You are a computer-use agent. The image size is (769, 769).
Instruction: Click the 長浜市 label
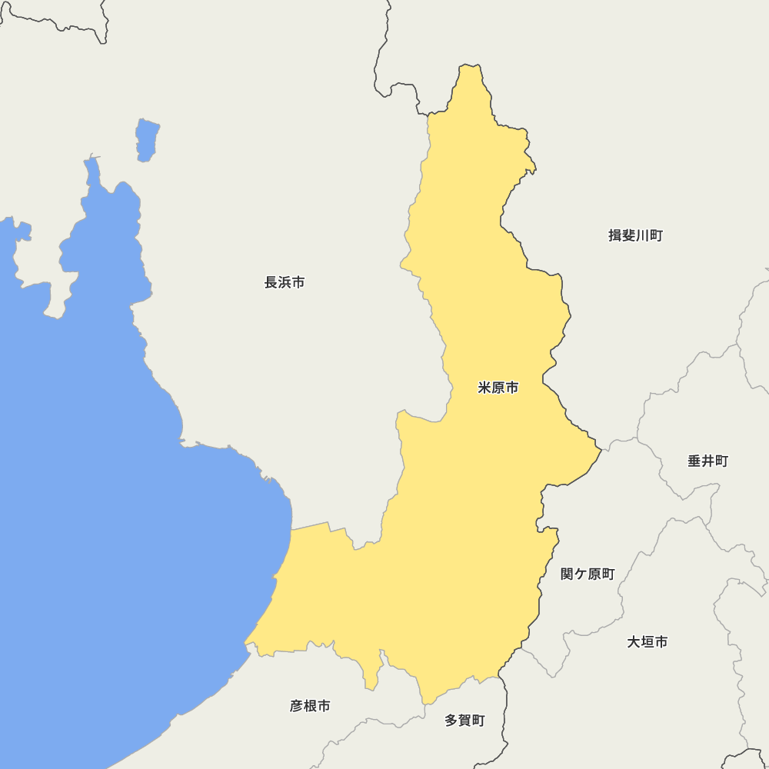(285, 282)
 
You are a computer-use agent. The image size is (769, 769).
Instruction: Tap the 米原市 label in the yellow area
(498, 388)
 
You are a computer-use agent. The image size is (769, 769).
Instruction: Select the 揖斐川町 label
(635, 235)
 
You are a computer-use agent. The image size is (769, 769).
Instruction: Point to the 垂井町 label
(707, 461)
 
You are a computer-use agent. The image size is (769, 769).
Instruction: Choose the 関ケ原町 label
(588, 574)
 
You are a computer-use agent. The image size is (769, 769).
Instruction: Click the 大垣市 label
(647, 641)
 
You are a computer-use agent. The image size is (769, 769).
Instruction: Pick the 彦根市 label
(310, 705)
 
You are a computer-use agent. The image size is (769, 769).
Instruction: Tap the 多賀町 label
(464, 721)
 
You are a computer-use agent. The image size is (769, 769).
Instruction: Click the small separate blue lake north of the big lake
(147, 139)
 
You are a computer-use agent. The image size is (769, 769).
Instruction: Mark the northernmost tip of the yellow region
(471, 67)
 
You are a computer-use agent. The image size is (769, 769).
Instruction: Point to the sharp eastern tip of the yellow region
(599, 448)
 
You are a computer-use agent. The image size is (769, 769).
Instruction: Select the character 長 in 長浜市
(271, 282)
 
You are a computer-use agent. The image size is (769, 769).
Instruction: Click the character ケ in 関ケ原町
(581, 574)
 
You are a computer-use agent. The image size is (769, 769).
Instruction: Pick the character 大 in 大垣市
(634, 641)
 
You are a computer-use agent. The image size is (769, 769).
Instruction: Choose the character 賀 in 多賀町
(464, 721)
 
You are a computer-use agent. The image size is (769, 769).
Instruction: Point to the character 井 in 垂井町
(707, 461)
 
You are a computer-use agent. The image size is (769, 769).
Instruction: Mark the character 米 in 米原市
(484, 388)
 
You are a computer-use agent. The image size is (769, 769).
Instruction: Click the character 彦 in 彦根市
(297, 705)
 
